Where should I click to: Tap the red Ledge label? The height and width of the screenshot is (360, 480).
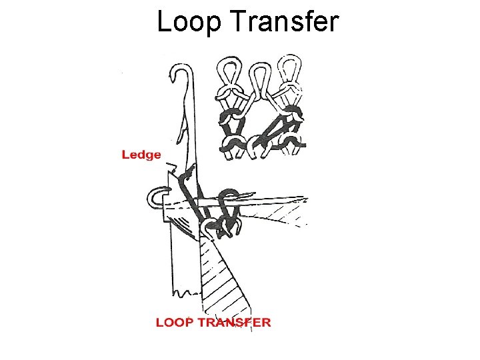141,155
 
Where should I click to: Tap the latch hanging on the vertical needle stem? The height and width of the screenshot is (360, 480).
183,127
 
